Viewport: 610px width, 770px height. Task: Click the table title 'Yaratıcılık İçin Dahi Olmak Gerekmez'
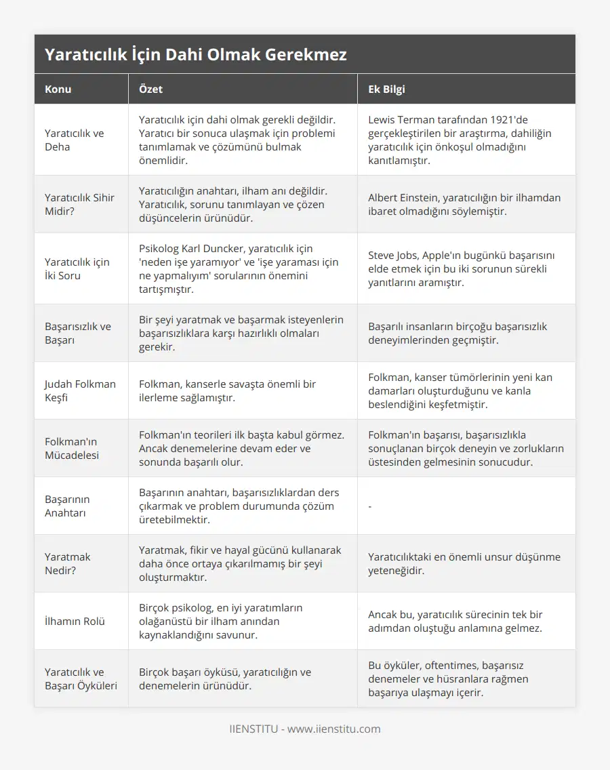coord(196,55)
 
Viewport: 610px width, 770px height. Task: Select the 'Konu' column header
coord(58,89)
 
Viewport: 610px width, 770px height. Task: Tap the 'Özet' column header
coord(150,89)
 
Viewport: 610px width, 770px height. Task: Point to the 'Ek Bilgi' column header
coord(386,89)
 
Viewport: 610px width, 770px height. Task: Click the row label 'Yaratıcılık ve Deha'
coord(75,140)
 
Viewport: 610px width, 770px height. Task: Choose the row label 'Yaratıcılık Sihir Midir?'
coord(79,204)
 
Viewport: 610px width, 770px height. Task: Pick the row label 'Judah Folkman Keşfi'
coord(80,390)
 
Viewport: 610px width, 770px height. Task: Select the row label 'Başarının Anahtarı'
coord(67,506)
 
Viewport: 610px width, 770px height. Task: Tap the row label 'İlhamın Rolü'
coord(75,621)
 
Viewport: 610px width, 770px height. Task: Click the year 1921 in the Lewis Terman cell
coord(512,120)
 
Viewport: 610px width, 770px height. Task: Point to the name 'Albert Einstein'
coord(404,198)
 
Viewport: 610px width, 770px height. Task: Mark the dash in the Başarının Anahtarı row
coord(370,506)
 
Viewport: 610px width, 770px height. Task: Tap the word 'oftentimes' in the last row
coord(448,666)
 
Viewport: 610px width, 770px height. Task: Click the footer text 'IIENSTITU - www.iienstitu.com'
coord(304,729)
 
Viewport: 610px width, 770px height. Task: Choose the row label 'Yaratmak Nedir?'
coord(67,563)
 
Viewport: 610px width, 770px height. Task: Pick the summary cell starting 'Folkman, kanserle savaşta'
coord(227,390)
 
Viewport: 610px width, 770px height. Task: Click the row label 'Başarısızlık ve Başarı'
coord(77,333)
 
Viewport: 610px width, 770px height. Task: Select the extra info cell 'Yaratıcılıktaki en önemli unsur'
coord(464,563)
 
